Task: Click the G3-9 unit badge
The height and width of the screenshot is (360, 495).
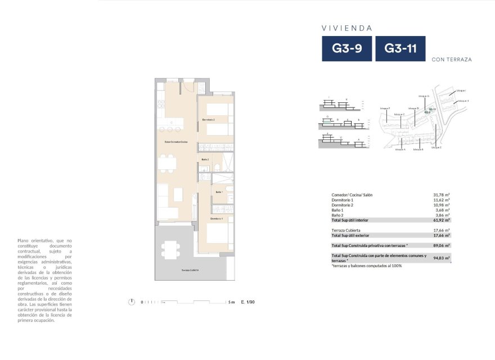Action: (346, 48)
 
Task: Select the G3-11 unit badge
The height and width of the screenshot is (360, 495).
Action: (400, 48)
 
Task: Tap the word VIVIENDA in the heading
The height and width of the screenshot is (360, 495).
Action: (347, 28)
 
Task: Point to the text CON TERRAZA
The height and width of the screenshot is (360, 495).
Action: (451, 59)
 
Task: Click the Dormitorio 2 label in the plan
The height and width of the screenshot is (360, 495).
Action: (209, 120)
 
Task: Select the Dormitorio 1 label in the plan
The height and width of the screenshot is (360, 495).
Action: (217, 218)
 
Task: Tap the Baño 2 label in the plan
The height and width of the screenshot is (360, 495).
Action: (205, 160)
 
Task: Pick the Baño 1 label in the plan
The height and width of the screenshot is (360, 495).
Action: (219, 192)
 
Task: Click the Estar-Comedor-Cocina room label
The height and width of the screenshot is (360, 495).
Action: (175, 142)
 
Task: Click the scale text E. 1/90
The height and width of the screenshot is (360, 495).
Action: (248, 302)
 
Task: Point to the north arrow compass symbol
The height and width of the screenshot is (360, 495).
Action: (132, 302)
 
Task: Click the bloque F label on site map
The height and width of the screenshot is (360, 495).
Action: (385, 108)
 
